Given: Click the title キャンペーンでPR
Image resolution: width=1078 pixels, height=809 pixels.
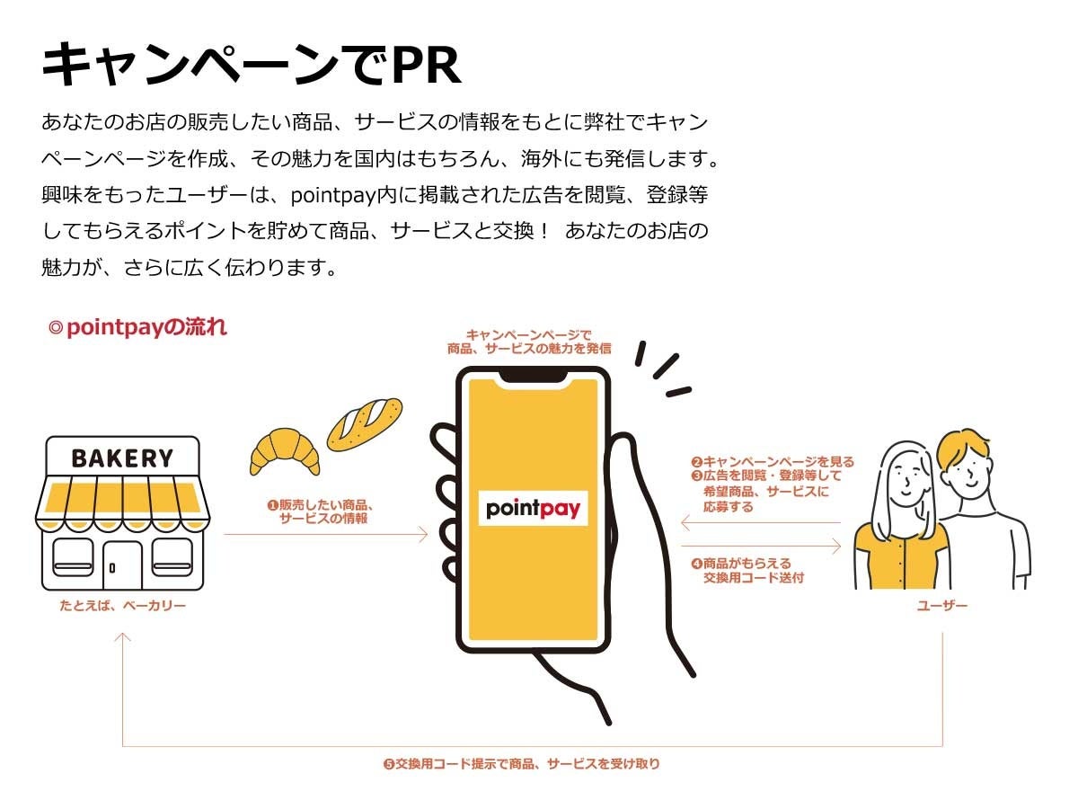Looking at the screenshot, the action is [252, 65].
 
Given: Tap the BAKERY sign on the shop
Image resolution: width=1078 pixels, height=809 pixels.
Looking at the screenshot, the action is [122, 458].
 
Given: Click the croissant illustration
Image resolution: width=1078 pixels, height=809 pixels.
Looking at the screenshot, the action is [285, 449].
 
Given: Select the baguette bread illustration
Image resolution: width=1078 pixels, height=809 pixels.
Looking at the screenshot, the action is [364, 422].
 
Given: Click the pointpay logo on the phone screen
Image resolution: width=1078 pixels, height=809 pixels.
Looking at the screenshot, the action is [533, 508].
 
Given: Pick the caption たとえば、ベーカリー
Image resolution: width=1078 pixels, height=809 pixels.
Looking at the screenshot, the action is [122, 607].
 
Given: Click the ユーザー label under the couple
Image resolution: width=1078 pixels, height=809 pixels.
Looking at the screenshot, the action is [942, 607].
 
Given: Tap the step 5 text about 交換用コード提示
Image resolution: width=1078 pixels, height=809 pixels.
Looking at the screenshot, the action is [522, 764].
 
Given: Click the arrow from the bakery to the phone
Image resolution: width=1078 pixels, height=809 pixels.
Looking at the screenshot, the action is [325, 535].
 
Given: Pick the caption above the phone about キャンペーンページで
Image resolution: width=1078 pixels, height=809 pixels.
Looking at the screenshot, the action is [534, 342].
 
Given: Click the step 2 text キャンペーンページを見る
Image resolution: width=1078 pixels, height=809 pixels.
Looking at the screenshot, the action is [773, 462].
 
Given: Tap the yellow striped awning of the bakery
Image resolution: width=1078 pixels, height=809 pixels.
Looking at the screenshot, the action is [122, 500].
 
